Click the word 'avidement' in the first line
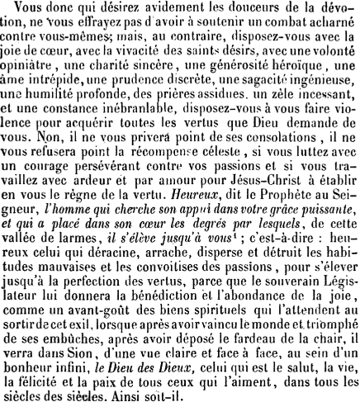[138, 9]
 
